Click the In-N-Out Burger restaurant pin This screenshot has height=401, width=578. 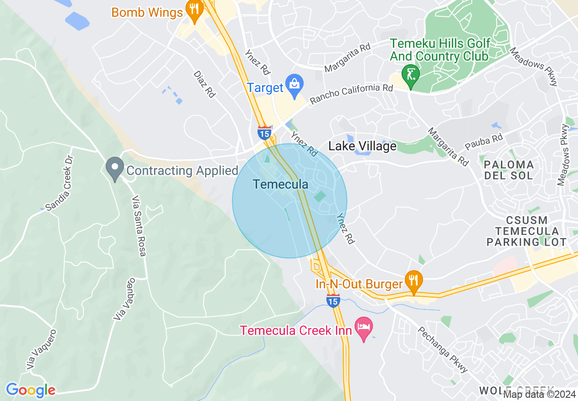[x=413, y=281]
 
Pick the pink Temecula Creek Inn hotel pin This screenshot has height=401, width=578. [x=364, y=329]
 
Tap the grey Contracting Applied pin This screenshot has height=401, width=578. [x=115, y=168]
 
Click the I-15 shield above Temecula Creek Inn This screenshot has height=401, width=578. [x=333, y=300]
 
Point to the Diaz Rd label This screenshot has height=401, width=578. [x=204, y=84]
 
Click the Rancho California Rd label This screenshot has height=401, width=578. [x=351, y=93]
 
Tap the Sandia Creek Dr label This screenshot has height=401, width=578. [x=60, y=183]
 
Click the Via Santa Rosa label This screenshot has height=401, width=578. [x=139, y=226]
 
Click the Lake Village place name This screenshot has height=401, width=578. [x=362, y=146]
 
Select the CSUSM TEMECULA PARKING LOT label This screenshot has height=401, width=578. [x=526, y=231]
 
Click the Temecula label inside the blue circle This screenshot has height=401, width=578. [x=280, y=185]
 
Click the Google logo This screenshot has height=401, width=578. [x=31, y=390]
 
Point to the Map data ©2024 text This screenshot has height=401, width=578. [x=539, y=395]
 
